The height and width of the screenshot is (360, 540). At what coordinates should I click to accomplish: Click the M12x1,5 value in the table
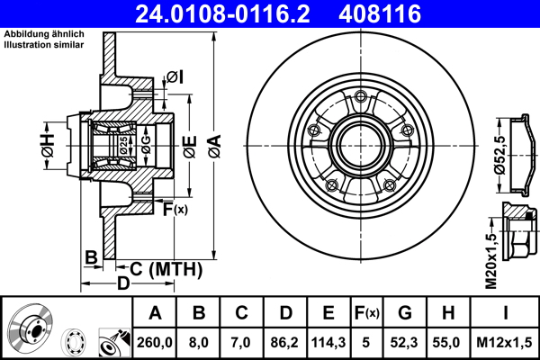504,342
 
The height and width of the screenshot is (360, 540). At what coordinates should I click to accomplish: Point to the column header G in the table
405,313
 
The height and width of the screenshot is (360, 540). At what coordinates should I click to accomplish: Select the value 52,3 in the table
405,342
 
